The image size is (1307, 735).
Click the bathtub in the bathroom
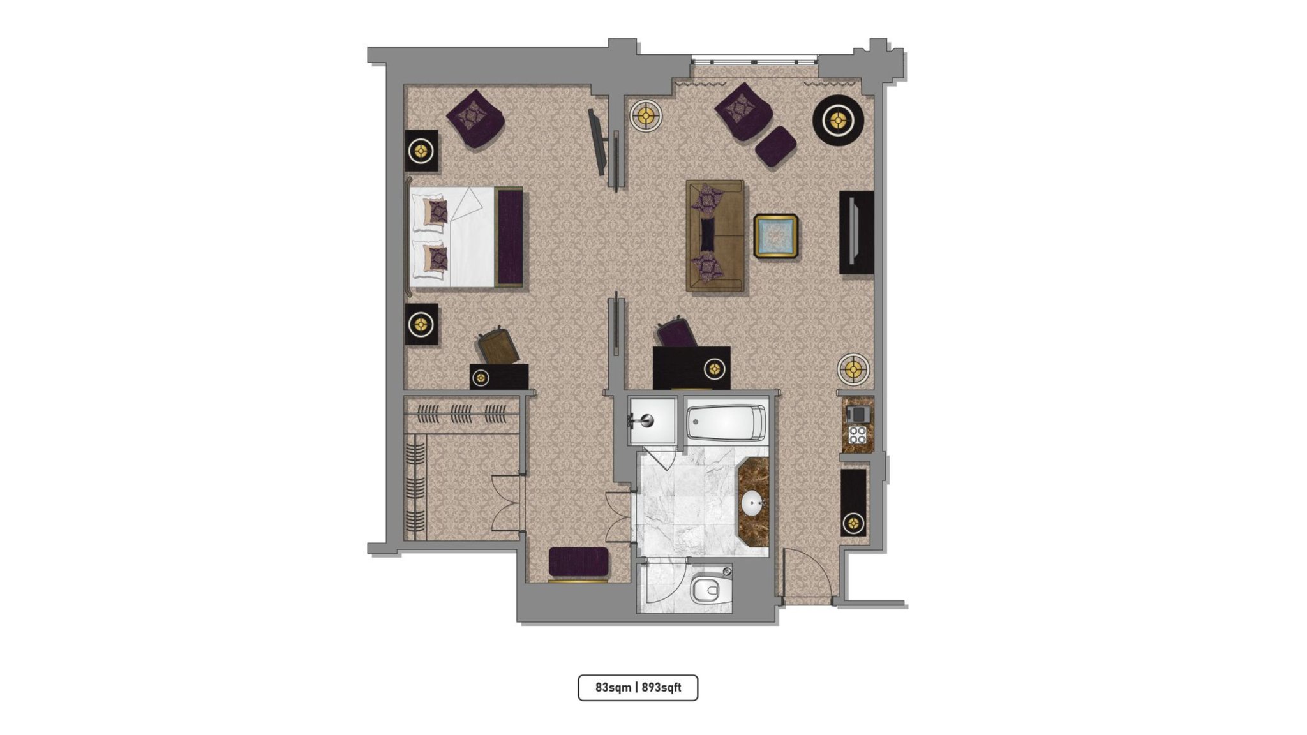(x=726, y=423)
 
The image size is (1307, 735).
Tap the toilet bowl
(x=708, y=590)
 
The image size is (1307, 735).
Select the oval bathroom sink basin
(x=753, y=503)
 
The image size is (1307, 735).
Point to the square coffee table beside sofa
(x=775, y=236)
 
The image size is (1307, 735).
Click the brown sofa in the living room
(x=715, y=235)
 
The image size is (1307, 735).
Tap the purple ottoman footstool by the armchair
(x=775, y=147)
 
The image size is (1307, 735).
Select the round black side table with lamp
(x=838, y=120)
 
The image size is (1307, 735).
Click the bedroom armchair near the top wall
(x=475, y=119)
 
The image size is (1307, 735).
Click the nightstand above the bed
(x=421, y=151)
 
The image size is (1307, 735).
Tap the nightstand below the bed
(x=421, y=324)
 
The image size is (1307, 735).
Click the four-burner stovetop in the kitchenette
(x=857, y=435)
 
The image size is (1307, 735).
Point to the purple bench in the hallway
(x=579, y=561)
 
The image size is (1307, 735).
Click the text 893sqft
(x=661, y=687)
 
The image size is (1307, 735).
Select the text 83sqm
(x=613, y=687)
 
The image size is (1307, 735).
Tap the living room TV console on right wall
(x=856, y=232)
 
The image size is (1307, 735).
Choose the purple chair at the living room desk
(x=677, y=333)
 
